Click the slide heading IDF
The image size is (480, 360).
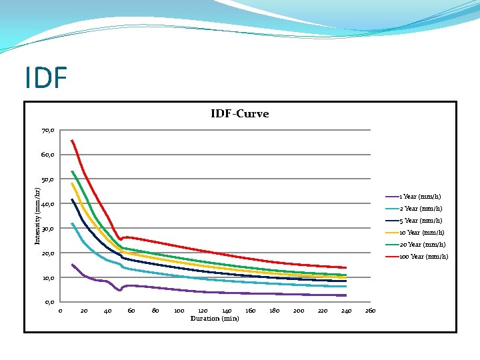click(x=46, y=78)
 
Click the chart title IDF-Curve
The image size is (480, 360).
click(x=239, y=114)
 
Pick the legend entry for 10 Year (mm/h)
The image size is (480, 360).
click(x=421, y=233)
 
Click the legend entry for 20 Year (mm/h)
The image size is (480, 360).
click(x=421, y=245)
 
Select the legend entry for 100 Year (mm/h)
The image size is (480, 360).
click(x=423, y=257)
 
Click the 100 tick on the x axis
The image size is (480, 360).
click(x=179, y=311)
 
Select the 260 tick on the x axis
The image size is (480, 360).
click(x=370, y=311)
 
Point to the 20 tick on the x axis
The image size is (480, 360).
click(x=84, y=311)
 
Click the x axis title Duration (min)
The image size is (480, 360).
click(x=215, y=319)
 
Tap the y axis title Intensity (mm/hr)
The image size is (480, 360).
click(x=38, y=215)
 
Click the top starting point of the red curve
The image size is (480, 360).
click(x=72, y=140)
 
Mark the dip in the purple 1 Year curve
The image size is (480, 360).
click(x=119, y=290)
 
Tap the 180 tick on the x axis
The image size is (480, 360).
click(x=275, y=311)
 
